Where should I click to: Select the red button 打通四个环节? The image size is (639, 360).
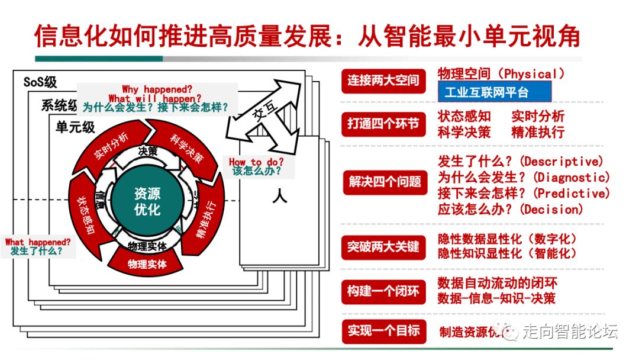coord(383,123)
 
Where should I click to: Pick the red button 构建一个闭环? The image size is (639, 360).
coord(383,291)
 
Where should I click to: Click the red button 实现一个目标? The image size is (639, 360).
coord(383,330)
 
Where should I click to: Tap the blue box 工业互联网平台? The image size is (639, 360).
coord(494,92)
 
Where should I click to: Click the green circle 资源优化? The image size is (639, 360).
coord(147,202)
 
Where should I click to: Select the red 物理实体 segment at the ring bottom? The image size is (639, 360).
coord(147,263)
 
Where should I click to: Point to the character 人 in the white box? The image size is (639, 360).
coord(279,195)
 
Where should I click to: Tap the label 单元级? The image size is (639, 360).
coord(75,127)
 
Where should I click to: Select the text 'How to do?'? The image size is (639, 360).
coord(256,162)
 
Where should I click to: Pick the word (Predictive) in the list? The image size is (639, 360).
coord(572,194)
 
